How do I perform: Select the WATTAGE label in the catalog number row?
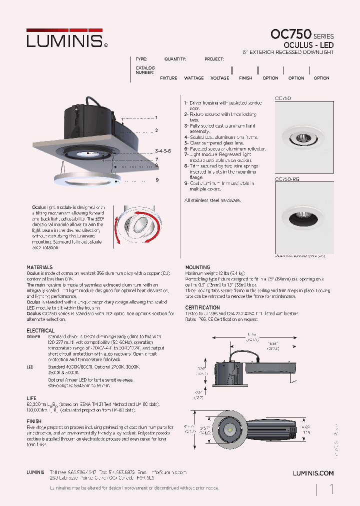pos(194,78)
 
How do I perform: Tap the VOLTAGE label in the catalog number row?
pos(220,78)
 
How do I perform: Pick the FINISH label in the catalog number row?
pos(245,78)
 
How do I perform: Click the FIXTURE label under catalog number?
pos(168,78)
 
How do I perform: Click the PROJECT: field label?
pos(214,59)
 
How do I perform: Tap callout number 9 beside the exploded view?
pos(157,179)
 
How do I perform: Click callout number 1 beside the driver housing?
pos(156,117)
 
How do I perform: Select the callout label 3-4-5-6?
pos(163,150)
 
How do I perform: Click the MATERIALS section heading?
pos(39,267)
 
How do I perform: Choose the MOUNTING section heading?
pos(197,267)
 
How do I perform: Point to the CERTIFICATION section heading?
pos(202,307)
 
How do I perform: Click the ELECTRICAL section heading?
pos(40,330)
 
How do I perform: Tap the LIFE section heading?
pos(31,398)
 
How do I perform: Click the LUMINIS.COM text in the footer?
pos(312,473)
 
